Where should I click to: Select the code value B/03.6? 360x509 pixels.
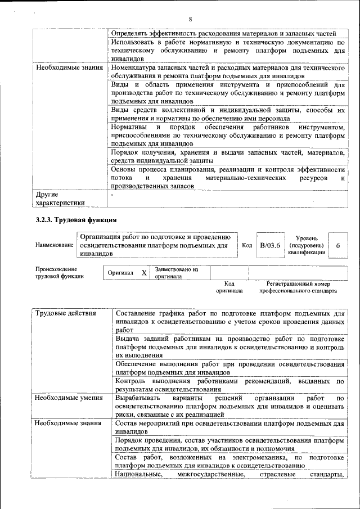click(270, 245)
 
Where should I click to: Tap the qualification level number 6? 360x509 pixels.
click(337, 246)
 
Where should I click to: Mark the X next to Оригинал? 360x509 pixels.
click(144, 273)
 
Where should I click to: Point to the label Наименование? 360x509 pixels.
click(54, 245)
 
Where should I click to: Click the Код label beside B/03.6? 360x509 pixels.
click(247, 245)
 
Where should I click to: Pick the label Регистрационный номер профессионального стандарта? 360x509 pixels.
click(298, 287)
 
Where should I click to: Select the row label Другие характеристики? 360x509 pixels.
click(60, 199)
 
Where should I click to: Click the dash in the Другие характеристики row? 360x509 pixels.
click(112, 195)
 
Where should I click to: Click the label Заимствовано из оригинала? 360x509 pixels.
click(177, 273)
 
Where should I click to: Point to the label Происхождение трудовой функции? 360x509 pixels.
click(60, 273)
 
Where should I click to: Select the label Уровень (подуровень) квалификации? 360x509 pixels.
click(306, 245)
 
